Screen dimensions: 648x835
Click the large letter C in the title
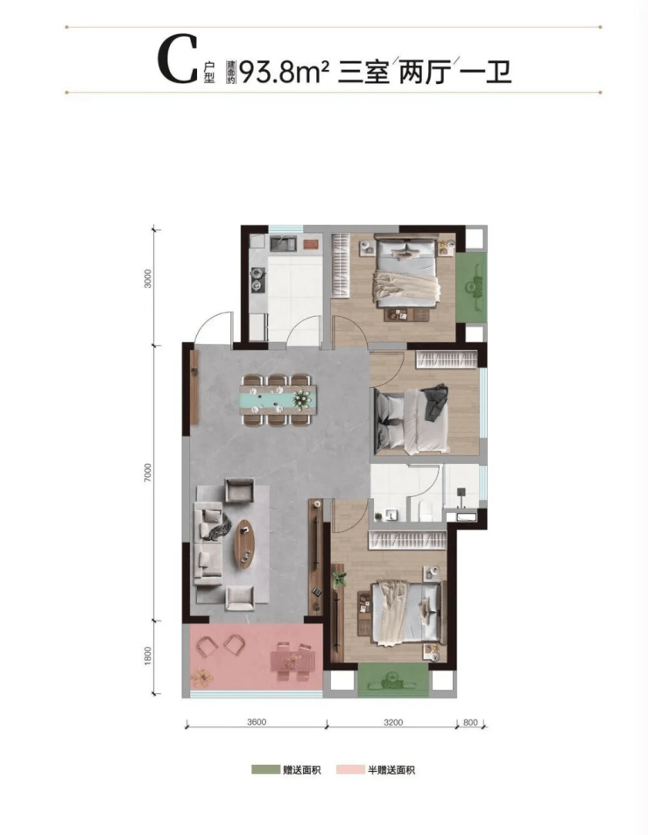point(178,60)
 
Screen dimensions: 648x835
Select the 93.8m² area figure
point(284,72)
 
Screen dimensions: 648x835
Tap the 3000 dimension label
point(148,278)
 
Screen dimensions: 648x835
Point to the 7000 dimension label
point(148,474)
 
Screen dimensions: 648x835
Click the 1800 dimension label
point(148,656)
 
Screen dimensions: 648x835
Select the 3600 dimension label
point(257,722)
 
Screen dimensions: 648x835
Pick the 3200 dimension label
point(393,722)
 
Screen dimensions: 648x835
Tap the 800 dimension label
point(470,722)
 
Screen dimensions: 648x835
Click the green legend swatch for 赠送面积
point(265,769)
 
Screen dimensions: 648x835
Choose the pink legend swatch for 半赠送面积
point(349,769)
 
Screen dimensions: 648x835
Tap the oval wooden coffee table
point(244,544)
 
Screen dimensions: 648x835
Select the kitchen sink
point(283,244)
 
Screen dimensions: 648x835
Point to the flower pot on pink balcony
point(202,677)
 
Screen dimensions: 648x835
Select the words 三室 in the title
point(363,73)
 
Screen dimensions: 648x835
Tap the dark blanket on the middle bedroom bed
point(435,401)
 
